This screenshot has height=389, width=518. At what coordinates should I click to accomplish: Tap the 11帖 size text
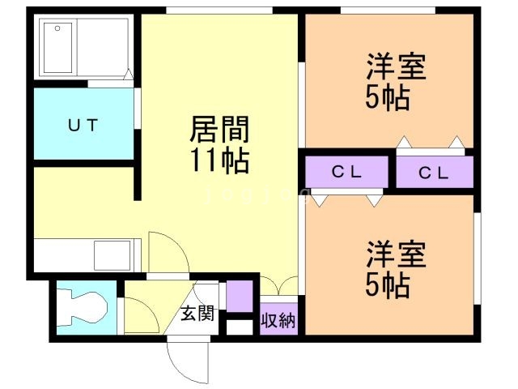point(219,160)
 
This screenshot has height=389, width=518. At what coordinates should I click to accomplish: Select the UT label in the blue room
point(83,126)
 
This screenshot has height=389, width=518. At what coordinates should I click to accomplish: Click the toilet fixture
point(82,307)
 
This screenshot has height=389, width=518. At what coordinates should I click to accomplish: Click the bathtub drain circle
point(57,28)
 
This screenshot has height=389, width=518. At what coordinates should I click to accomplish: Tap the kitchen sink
point(112,255)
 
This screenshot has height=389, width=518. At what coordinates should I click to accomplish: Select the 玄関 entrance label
point(197,313)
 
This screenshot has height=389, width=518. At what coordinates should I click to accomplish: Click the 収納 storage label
point(278,320)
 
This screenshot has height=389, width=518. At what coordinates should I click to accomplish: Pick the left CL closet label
point(346,172)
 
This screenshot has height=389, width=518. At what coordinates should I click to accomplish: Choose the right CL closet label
point(434,173)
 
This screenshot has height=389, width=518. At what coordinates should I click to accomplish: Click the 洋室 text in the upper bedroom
point(396,66)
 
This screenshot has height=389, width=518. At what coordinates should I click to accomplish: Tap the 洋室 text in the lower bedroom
point(396,254)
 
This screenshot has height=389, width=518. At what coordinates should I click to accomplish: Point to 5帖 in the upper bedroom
point(388,97)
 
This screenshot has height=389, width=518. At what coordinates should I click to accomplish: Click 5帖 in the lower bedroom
point(388,284)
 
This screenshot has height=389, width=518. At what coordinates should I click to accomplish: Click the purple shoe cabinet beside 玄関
point(240,296)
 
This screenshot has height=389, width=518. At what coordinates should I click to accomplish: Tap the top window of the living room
point(219,11)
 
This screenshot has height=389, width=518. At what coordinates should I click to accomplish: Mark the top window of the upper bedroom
point(388,11)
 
